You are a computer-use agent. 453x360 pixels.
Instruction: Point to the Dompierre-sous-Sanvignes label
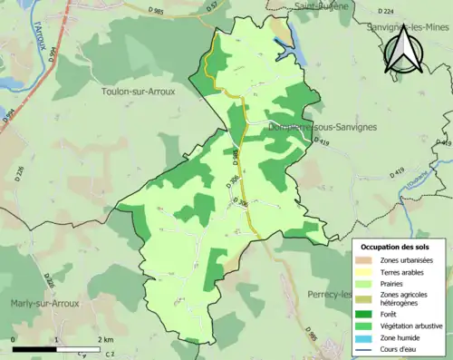(x=313, y=129)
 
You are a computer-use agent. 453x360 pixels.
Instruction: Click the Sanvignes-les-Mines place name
(x=406, y=28)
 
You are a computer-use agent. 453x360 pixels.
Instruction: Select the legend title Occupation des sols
(x=401, y=247)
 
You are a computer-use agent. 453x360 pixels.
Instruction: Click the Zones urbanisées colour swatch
(x=369, y=261)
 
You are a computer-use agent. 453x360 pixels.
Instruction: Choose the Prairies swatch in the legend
(x=369, y=282)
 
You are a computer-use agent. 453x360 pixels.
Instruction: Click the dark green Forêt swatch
(x=369, y=316)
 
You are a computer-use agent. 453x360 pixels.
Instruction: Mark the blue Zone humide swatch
(x=369, y=338)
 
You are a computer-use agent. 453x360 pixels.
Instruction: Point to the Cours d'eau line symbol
(x=369, y=349)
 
